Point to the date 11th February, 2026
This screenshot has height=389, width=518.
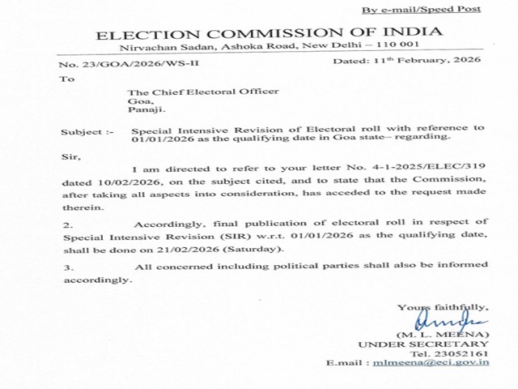click(430, 61)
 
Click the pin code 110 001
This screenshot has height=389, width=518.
click(391, 45)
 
